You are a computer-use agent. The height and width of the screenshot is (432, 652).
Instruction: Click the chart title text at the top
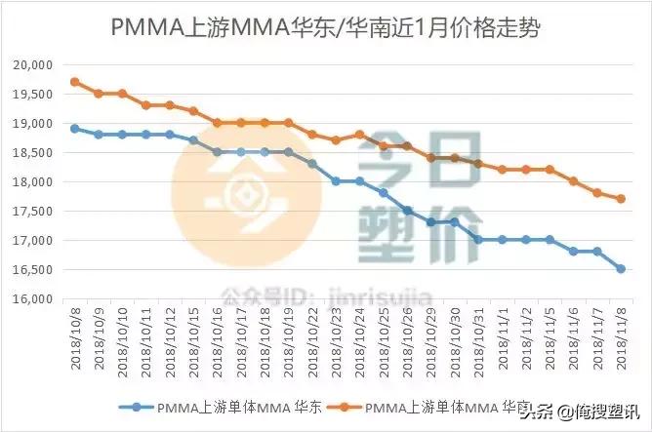(325, 26)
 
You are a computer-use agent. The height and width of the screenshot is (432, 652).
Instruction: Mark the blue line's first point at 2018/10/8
(75, 128)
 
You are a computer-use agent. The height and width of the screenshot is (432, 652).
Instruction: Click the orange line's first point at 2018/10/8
(75, 82)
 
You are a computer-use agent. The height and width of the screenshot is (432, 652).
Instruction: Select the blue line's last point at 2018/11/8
(621, 269)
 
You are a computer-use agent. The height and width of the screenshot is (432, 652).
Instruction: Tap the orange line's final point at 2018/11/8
(621, 199)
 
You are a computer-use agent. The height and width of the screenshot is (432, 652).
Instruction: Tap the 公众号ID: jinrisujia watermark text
(302, 292)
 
